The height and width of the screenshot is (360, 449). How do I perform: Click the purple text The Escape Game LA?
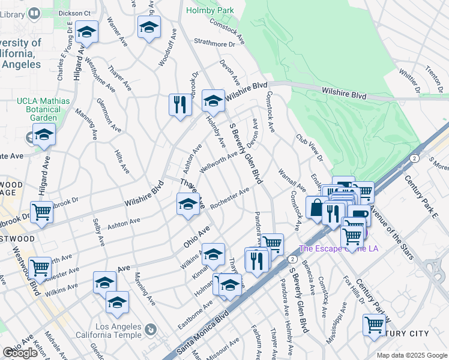tap(339, 248)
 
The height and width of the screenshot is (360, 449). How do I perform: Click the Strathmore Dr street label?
tap(214, 43)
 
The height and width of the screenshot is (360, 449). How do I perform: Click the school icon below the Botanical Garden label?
tap(44, 136)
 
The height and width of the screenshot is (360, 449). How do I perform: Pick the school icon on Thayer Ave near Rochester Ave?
tap(188, 205)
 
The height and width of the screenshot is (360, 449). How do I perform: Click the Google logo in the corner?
tap(20, 353)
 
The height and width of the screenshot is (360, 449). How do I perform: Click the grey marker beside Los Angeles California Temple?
tap(150, 329)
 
